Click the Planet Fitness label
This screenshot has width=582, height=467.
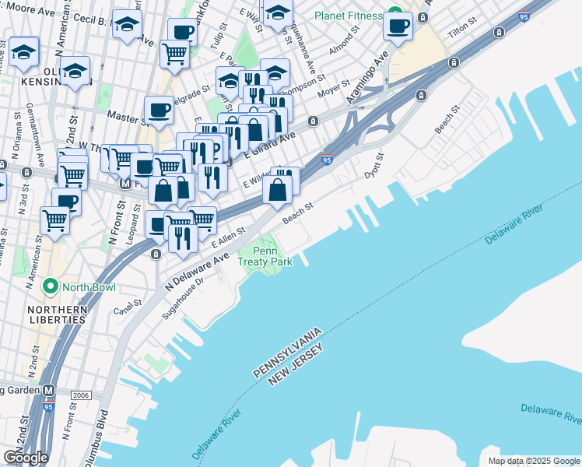(x=347, y=16)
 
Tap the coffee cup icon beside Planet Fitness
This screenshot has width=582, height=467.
(x=398, y=25)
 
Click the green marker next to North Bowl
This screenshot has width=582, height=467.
(x=51, y=287)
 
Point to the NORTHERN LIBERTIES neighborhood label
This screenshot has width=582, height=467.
(x=57, y=314)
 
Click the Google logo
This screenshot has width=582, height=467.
(x=26, y=458)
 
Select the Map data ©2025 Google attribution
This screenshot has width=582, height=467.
(x=534, y=461)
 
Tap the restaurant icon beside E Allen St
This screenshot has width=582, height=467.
(x=183, y=238)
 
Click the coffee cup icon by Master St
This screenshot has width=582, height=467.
(x=159, y=111)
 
